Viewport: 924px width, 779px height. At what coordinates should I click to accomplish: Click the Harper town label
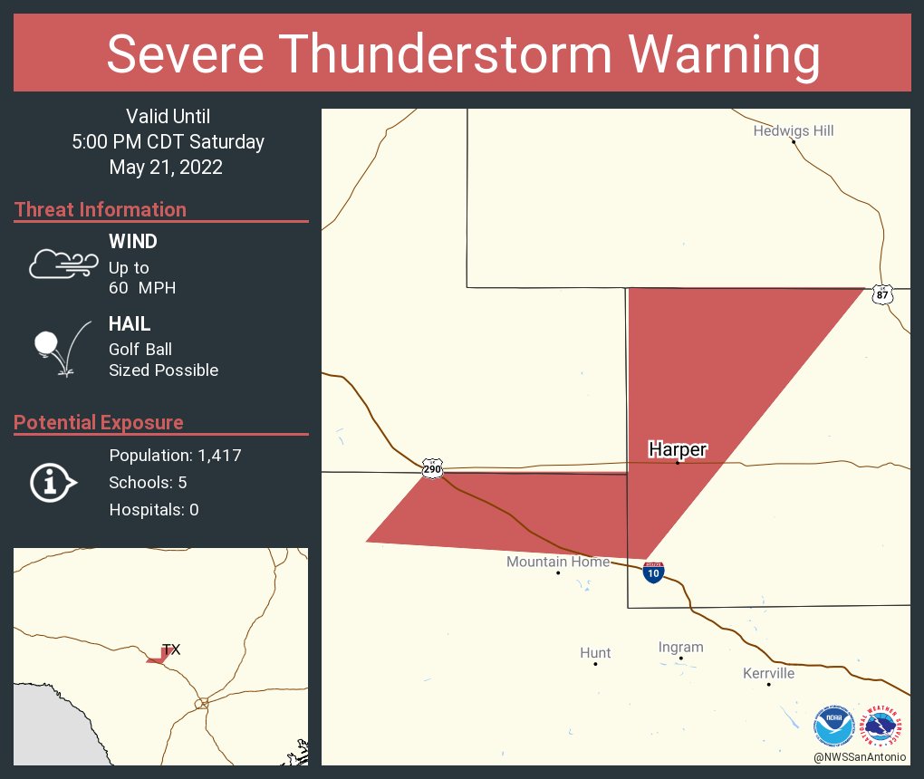(x=678, y=449)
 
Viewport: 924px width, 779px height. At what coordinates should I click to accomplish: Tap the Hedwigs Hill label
(x=794, y=131)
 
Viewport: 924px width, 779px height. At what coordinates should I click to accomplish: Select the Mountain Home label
(x=558, y=562)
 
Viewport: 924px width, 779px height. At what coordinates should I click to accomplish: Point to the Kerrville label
(x=768, y=673)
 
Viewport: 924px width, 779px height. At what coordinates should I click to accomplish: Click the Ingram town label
(x=680, y=647)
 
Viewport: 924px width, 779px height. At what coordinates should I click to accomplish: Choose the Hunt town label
(x=595, y=652)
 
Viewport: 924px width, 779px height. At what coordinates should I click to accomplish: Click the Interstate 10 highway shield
(x=653, y=572)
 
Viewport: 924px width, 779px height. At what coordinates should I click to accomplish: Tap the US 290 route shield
(x=432, y=469)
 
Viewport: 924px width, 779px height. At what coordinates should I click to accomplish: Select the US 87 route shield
(x=883, y=294)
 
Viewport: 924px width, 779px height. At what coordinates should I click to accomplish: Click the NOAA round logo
(x=833, y=726)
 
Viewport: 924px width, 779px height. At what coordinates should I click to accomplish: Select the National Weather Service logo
(x=882, y=726)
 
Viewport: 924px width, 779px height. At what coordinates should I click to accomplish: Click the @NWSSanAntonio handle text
(x=860, y=756)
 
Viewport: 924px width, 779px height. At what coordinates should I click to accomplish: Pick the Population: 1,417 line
(x=175, y=456)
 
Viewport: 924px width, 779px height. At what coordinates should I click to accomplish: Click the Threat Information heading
(x=101, y=209)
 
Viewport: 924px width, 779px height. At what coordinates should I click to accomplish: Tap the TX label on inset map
(x=171, y=649)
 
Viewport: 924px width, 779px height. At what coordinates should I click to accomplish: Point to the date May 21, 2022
(x=166, y=168)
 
